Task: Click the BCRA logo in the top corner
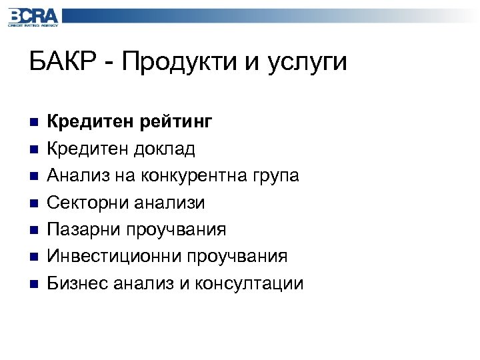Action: point(33,17)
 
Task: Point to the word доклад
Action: point(167,149)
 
